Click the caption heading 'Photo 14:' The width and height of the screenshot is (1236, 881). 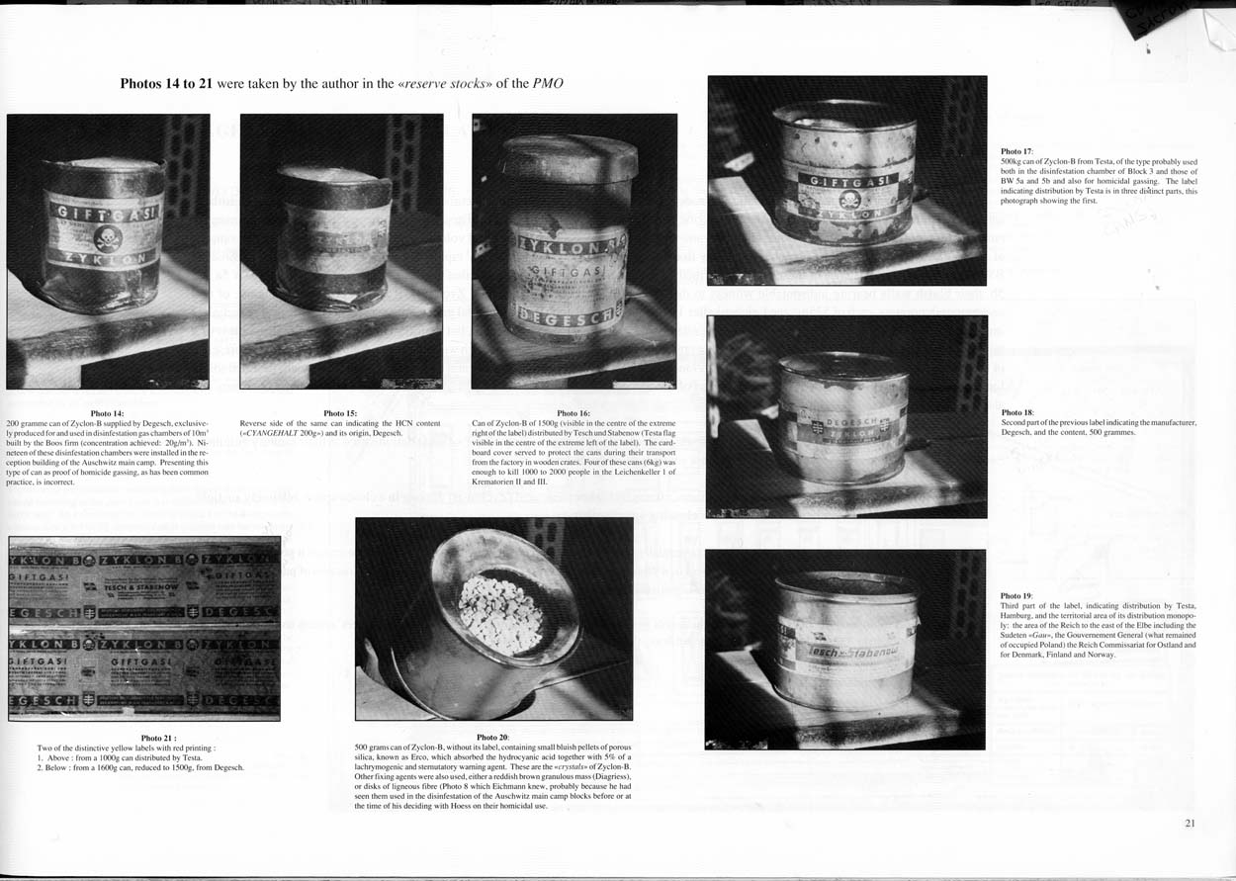[107, 412]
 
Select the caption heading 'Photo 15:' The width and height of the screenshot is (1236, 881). [340, 412]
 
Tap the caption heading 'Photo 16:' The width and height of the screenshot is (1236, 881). [574, 412]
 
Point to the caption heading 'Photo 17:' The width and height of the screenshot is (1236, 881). [1017, 151]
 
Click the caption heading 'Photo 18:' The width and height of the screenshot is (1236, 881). [1017, 412]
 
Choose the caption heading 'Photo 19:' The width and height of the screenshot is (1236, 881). [1017, 596]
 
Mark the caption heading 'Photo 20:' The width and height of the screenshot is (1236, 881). [492, 738]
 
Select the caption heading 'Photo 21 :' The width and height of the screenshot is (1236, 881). [158, 738]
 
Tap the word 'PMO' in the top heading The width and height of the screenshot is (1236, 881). [548, 83]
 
